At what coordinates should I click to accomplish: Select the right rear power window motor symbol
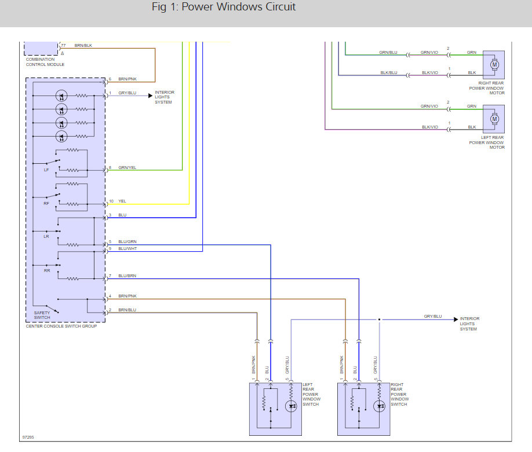coord(494,64)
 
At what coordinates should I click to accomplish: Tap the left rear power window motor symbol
coord(494,119)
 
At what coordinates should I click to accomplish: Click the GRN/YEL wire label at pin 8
coord(127,168)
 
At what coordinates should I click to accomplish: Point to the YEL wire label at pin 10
coord(122,201)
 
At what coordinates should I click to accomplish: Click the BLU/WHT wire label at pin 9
coord(127,248)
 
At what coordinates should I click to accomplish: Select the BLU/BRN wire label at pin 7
coord(127,276)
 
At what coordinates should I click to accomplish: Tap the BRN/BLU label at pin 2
coord(127,310)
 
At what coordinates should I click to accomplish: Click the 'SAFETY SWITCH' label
coord(42,315)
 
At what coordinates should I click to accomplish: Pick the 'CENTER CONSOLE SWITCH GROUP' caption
coord(61,326)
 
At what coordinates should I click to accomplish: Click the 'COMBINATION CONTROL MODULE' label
coord(45,62)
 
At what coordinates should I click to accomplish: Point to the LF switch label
coord(46,170)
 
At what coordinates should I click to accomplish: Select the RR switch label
coord(46,270)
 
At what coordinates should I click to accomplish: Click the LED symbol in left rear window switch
coord(291,406)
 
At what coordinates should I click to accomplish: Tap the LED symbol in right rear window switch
coord(380,406)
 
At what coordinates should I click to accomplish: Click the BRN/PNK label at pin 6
coord(127,79)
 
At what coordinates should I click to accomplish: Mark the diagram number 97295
coord(28,438)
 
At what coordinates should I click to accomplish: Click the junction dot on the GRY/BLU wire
coord(379,319)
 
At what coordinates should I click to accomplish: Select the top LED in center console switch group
coord(61,95)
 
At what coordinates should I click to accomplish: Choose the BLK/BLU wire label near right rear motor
coord(388,72)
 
